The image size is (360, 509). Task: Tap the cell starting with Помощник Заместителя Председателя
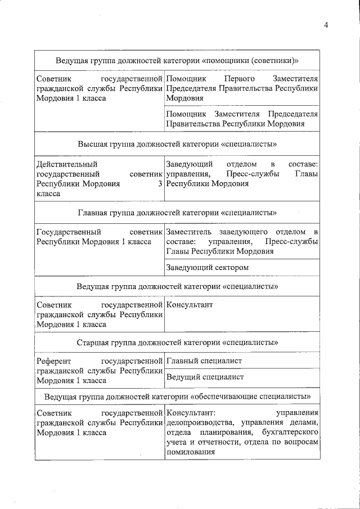pos(242,119)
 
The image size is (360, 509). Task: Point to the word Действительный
pos(66,164)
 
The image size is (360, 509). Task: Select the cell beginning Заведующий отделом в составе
pos(242,174)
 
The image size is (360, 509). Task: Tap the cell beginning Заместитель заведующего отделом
pos(242,242)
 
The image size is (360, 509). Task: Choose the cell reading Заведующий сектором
pos(242,268)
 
